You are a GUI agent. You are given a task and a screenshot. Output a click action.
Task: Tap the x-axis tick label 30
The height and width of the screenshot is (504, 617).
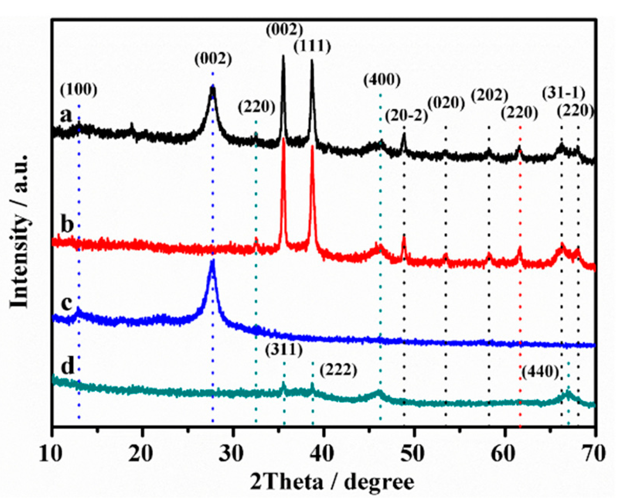[x=233, y=453]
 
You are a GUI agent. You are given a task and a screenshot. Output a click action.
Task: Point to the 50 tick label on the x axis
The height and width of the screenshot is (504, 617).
[x=414, y=453]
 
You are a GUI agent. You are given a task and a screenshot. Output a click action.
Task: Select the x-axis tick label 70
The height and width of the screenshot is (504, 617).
[x=594, y=453]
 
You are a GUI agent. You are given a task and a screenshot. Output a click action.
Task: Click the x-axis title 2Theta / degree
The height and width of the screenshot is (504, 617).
[x=332, y=482]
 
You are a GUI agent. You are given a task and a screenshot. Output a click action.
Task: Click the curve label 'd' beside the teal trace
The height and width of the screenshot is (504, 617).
[x=67, y=366]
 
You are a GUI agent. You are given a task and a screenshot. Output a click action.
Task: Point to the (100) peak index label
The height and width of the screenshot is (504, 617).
[x=79, y=90]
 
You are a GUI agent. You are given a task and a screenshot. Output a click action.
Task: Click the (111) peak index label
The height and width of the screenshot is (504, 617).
[x=312, y=47]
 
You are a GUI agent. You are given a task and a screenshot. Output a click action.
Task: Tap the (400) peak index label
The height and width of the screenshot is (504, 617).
[x=382, y=81]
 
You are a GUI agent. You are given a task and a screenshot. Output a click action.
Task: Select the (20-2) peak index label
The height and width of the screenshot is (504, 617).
[x=406, y=116]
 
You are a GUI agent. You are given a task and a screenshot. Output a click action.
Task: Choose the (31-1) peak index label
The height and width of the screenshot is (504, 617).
[x=563, y=93]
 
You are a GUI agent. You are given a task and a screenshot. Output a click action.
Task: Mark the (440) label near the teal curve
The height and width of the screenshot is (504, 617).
[x=541, y=372]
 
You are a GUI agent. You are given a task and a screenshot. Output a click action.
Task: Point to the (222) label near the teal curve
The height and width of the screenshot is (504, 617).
[x=338, y=371]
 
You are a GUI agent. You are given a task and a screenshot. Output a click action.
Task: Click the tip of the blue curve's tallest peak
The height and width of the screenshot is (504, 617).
[x=213, y=261]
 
